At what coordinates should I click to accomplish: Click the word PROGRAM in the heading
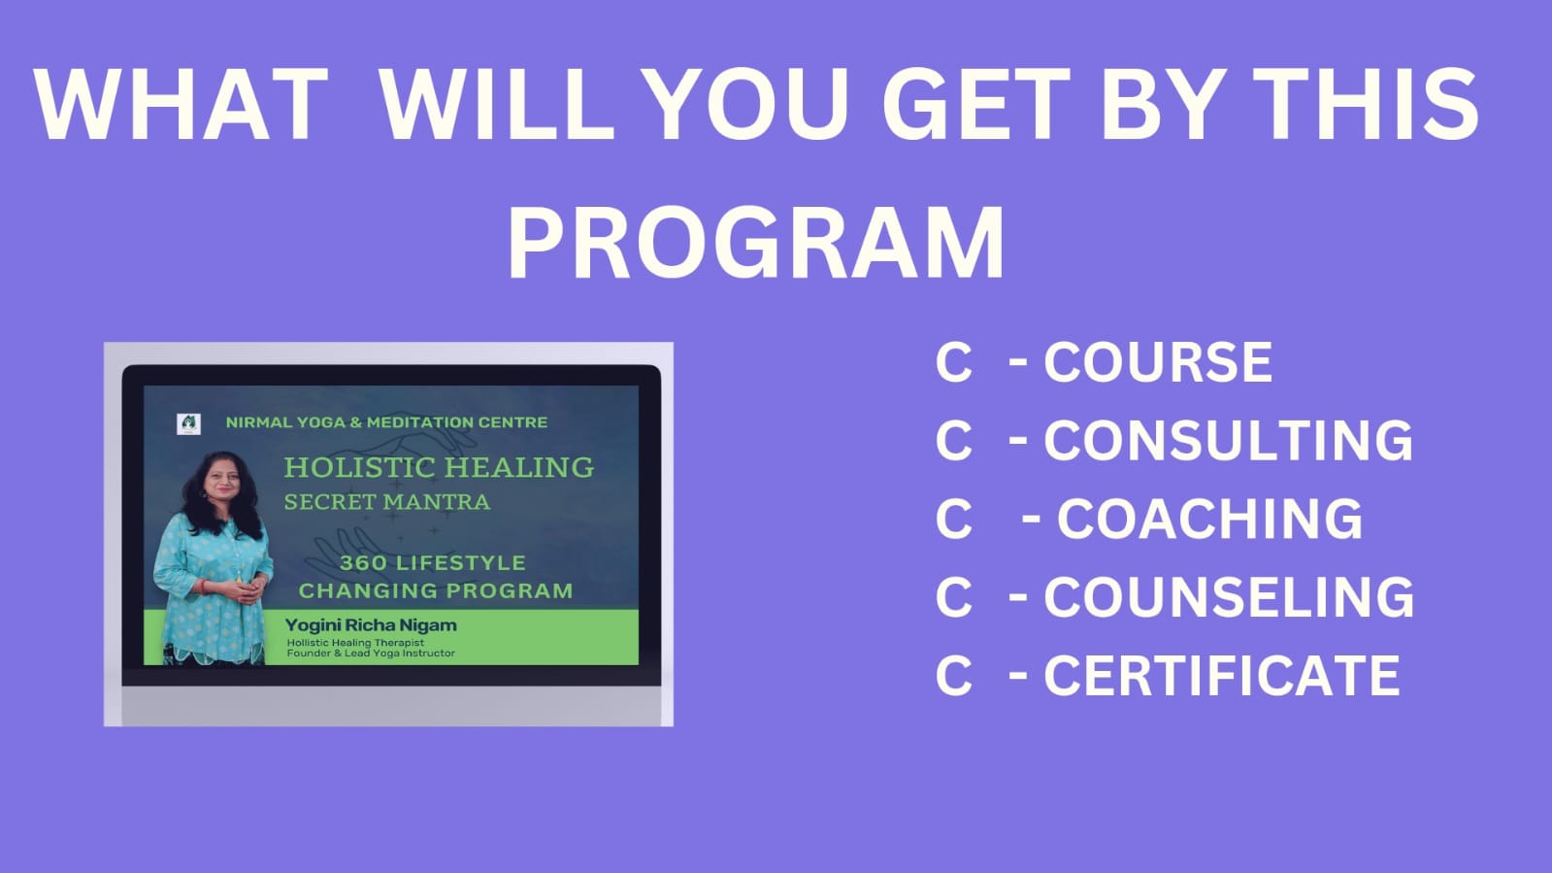point(756,242)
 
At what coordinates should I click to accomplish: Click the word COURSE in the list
point(1158,362)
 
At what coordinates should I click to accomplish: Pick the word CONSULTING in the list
point(1229,440)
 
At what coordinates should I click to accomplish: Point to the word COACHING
point(1209,519)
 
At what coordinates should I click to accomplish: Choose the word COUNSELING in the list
point(1229,597)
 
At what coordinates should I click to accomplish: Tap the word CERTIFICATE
point(1222,675)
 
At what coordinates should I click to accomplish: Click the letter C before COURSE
point(953,362)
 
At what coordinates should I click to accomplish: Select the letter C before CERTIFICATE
point(953,675)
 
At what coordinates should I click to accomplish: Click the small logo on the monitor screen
point(188,423)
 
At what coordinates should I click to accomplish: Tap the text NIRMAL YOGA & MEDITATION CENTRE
point(386,422)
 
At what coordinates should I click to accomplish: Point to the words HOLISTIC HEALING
point(439,467)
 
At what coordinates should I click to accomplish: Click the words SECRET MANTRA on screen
point(387,501)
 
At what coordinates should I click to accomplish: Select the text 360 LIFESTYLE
point(432,562)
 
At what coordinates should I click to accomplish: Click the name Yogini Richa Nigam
point(371,625)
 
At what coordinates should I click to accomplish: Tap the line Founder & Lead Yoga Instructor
point(371,654)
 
